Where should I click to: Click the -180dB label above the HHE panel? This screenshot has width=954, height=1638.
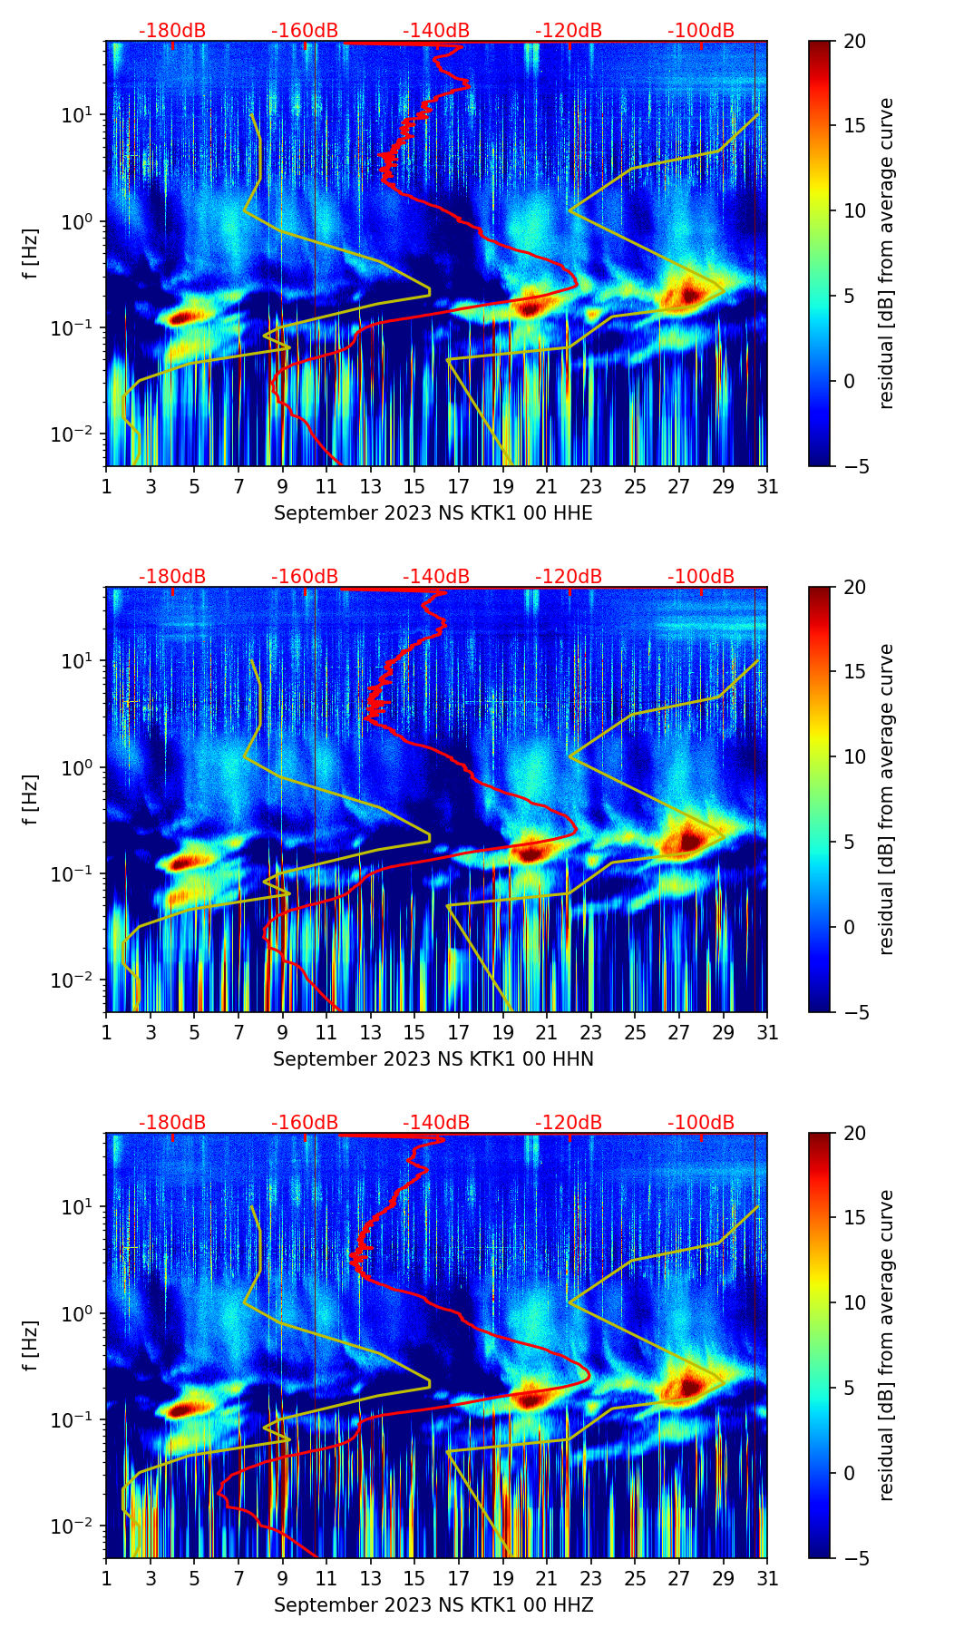[172, 31]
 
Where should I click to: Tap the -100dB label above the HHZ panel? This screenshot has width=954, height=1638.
[701, 1123]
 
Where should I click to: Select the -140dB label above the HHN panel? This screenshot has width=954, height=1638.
[436, 577]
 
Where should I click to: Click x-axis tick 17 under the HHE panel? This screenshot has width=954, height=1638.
[459, 486]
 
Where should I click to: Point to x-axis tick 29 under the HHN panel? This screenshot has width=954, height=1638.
[724, 1032]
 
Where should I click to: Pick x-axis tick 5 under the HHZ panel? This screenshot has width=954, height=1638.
[195, 1578]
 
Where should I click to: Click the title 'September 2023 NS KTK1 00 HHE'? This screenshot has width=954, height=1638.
[433, 513]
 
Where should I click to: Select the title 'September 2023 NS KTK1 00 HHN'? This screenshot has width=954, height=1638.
[433, 1059]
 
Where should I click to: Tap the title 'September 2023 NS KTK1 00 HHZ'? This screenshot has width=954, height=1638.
[433, 1605]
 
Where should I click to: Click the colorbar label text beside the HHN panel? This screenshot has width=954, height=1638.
[887, 799]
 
